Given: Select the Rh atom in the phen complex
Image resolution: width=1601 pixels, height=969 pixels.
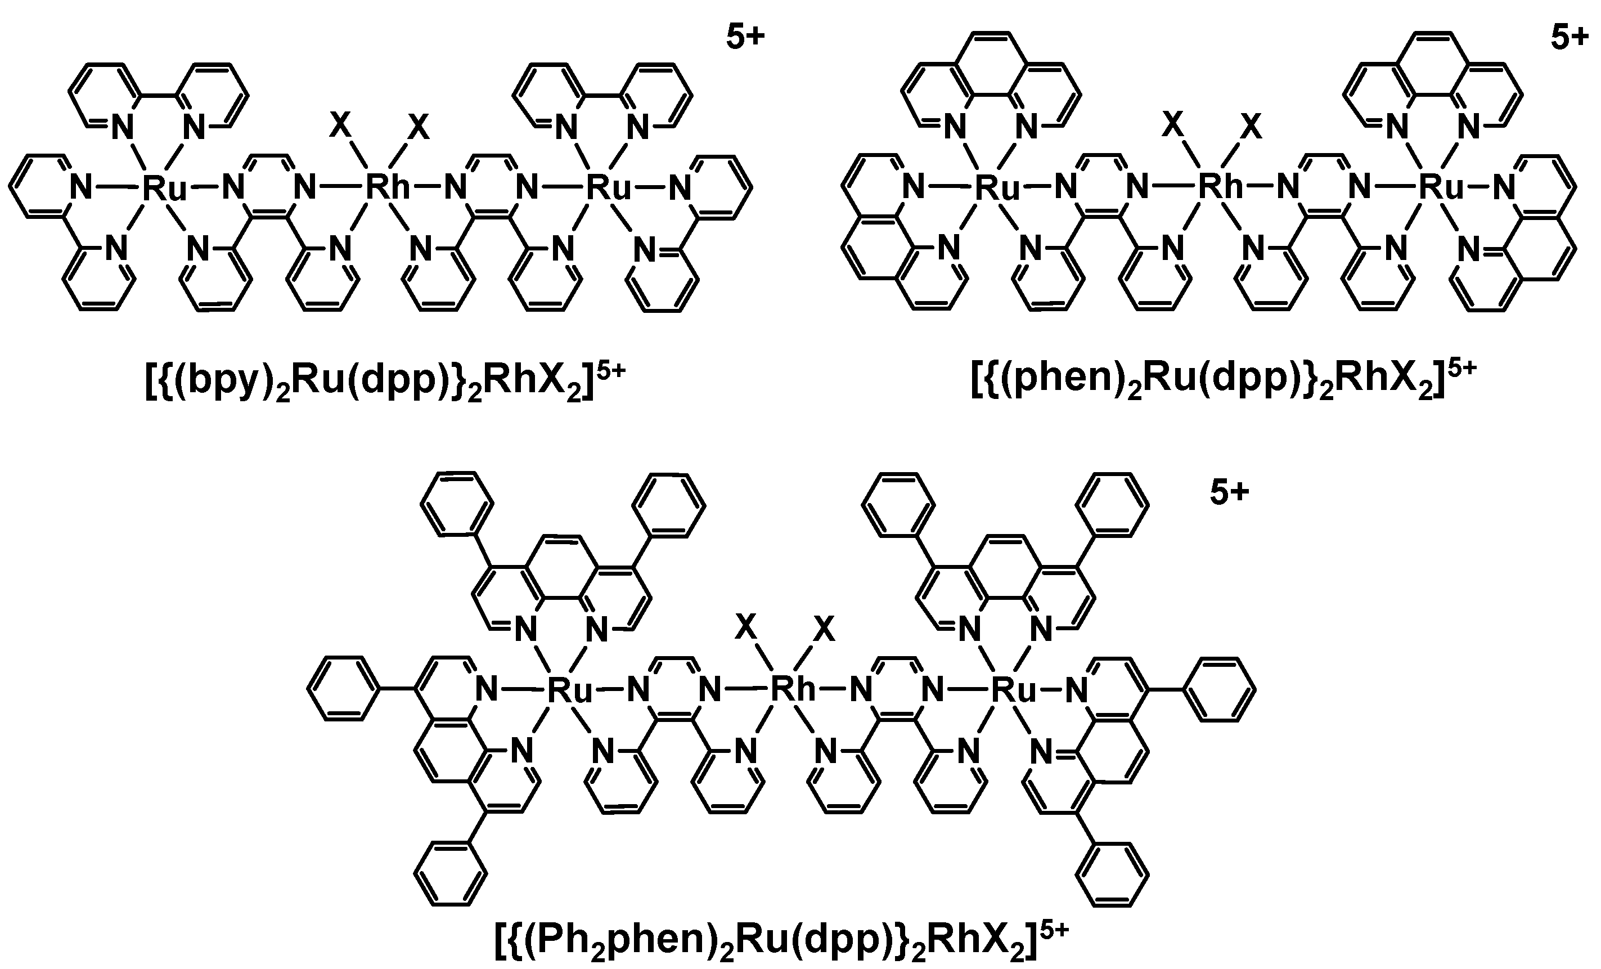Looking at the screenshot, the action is point(1220,188).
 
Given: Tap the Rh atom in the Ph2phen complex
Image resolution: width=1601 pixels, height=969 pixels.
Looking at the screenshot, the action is point(792,689).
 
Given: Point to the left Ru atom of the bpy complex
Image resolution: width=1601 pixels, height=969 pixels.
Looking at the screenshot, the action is point(164,188).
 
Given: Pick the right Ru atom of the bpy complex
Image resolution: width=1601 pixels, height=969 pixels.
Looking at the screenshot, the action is point(609,188).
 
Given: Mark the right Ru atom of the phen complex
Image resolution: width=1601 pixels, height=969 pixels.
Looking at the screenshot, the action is point(1441,188).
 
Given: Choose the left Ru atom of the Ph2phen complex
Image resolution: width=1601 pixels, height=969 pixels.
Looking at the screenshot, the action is point(569,689).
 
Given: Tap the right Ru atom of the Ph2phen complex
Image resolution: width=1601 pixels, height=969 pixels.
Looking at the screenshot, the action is point(1014,689).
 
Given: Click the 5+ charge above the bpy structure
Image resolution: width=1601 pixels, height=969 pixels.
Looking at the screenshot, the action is point(745,38).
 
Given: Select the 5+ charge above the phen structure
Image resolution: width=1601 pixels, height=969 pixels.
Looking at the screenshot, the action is point(1568,38).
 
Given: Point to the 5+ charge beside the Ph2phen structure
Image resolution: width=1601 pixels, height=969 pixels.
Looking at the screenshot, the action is point(1229,492).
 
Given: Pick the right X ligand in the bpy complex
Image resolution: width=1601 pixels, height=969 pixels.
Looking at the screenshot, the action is point(419,127).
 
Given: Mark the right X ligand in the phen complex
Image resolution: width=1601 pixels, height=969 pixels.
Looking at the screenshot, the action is point(1251,127).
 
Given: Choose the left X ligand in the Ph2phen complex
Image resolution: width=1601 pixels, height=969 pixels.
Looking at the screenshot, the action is point(746,627).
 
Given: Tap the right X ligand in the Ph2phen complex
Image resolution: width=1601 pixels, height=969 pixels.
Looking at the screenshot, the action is point(824,629).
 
